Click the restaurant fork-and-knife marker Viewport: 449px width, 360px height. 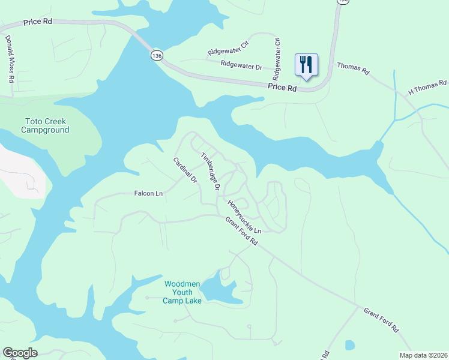(x=306, y=65)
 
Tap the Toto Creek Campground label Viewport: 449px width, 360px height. (x=46, y=125)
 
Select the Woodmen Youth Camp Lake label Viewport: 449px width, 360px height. (x=182, y=292)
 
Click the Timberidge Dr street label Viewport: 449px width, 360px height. (x=211, y=171)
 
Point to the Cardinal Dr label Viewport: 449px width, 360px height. (x=185, y=170)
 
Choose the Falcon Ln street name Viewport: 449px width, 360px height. (x=148, y=193)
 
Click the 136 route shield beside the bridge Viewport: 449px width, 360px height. (x=156, y=55)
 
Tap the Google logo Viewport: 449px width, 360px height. (x=20, y=353)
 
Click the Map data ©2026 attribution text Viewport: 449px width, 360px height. (x=423, y=355)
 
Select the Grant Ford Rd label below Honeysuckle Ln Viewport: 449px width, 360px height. (x=241, y=232)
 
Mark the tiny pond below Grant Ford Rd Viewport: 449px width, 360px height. (x=349, y=345)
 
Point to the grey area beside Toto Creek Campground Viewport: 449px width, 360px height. (x=22, y=171)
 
